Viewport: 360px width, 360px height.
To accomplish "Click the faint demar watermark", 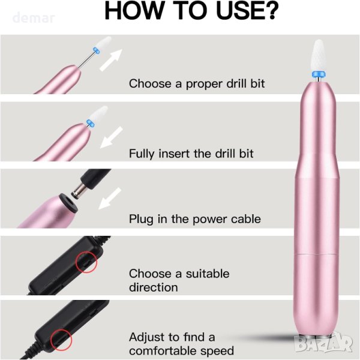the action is [x=34, y=18].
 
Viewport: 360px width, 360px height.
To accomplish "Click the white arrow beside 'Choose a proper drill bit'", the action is [x=111, y=60].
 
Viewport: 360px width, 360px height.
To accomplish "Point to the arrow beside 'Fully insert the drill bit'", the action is [x=112, y=137].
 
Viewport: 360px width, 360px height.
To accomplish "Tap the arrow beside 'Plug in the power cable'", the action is [x=110, y=199].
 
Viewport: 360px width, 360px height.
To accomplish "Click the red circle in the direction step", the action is [x=86, y=262].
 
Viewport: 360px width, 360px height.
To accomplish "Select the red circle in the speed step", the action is [x=61, y=340].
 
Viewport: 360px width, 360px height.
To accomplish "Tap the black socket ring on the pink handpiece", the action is [x=68, y=203].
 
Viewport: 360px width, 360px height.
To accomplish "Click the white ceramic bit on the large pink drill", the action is [x=319, y=56].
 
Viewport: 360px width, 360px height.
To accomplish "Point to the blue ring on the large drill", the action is [x=319, y=74].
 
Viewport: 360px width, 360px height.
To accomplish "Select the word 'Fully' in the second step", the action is [x=142, y=154].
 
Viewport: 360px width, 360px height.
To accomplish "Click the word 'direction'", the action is [x=154, y=287].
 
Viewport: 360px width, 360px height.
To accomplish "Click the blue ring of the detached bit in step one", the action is [x=97, y=50].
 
